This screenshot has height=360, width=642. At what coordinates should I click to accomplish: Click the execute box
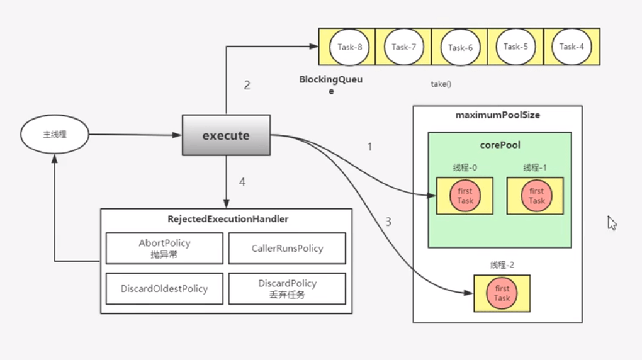point(226,135)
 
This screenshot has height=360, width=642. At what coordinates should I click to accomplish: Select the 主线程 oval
point(55,135)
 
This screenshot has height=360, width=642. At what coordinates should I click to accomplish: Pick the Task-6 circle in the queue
point(460,47)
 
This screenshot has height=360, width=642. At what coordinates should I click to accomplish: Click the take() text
point(441,84)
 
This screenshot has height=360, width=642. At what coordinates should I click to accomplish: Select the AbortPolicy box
point(164,248)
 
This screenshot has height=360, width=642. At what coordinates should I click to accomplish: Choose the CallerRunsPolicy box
point(286,248)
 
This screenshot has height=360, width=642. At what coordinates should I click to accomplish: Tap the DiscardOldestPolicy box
point(164,288)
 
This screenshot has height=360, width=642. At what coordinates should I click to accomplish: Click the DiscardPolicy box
point(286,288)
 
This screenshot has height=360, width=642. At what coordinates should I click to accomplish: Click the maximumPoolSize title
point(497,115)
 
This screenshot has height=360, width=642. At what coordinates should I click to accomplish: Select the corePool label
point(498,145)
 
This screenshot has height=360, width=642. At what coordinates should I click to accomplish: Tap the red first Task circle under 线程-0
point(465,196)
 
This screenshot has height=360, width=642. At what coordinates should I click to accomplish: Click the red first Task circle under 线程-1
point(536,196)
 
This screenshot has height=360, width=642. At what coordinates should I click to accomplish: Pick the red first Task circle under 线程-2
point(502,293)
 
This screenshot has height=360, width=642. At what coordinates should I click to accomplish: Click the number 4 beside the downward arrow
point(242,183)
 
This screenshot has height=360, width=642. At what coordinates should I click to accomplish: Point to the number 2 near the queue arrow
point(247,85)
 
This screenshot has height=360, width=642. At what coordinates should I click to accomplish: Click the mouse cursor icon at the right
point(612,223)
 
